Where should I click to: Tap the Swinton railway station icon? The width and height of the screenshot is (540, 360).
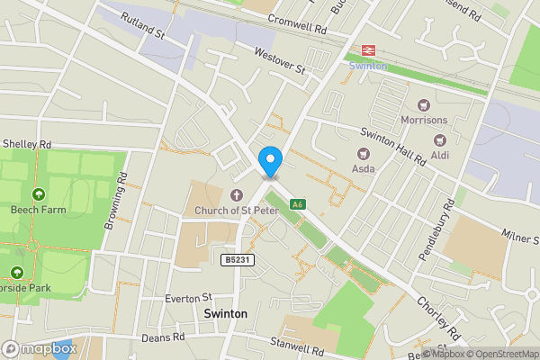(x=367, y=50)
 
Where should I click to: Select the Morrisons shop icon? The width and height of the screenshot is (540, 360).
(x=423, y=104)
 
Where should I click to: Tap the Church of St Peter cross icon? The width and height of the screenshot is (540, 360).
(x=237, y=195)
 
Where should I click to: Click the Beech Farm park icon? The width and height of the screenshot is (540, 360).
(x=38, y=194)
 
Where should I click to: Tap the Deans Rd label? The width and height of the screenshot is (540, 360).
(x=162, y=337)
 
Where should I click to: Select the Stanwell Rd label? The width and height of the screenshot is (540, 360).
(x=297, y=346)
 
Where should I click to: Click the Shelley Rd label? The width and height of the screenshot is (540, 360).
(x=27, y=143)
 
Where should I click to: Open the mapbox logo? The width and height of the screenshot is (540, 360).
(x=40, y=348)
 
